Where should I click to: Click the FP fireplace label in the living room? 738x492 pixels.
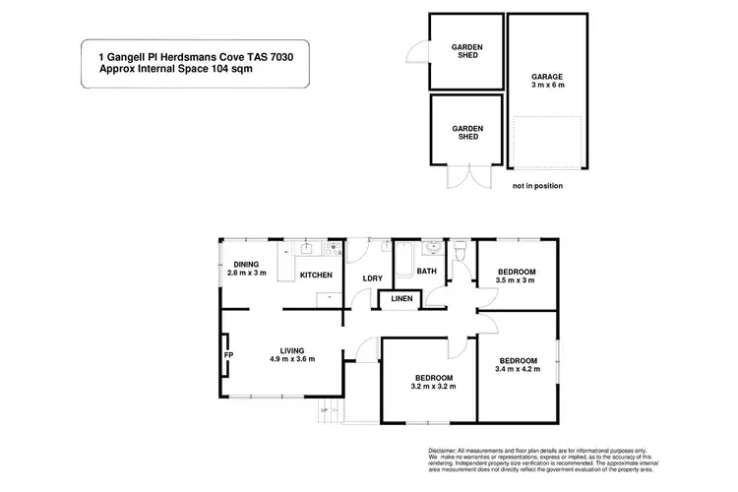tap(227, 354)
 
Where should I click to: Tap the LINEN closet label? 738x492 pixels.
tap(401, 298)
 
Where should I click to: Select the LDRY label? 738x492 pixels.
tap(372, 277)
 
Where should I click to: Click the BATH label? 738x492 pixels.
tap(427, 271)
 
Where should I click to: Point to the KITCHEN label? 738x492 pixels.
tap(316, 275)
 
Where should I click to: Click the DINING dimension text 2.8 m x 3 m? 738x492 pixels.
tap(246, 273)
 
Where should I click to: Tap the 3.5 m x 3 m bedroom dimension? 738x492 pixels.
tap(516, 280)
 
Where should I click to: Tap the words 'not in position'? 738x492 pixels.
tap(537, 184)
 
